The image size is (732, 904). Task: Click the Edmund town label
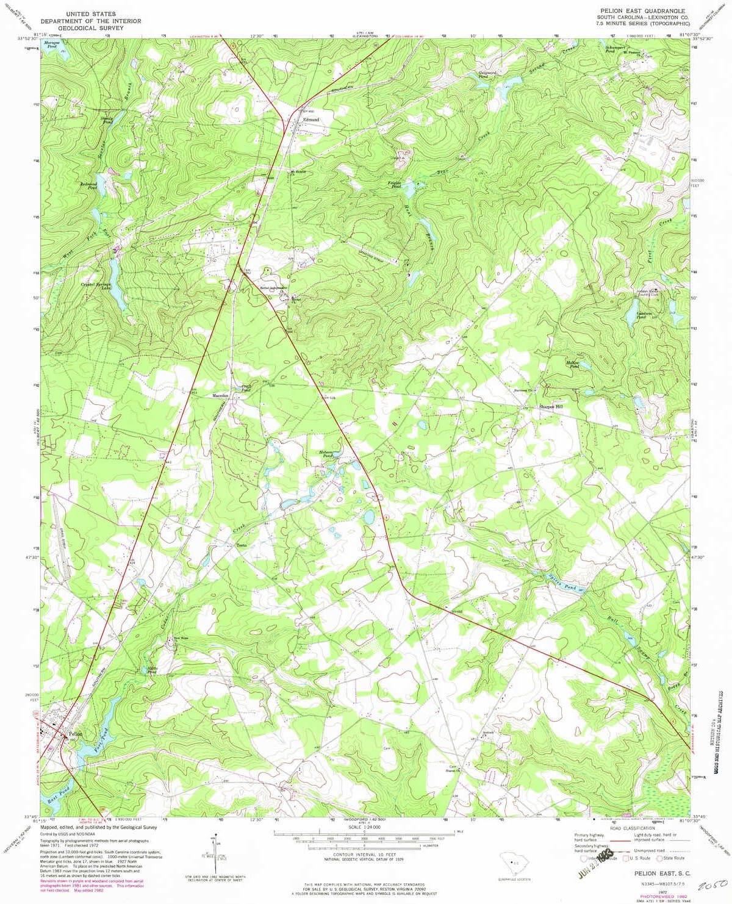pos(311,120)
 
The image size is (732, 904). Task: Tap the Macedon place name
pos(220,396)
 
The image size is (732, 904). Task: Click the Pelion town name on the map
pos(76,734)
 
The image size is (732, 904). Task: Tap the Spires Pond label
pos(562,587)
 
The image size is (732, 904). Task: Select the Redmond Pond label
pos(88,185)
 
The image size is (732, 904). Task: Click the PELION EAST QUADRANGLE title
pos(642,11)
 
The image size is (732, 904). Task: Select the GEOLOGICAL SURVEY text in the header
pos(91,28)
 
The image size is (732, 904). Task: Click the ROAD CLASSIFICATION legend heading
pos(632,828)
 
